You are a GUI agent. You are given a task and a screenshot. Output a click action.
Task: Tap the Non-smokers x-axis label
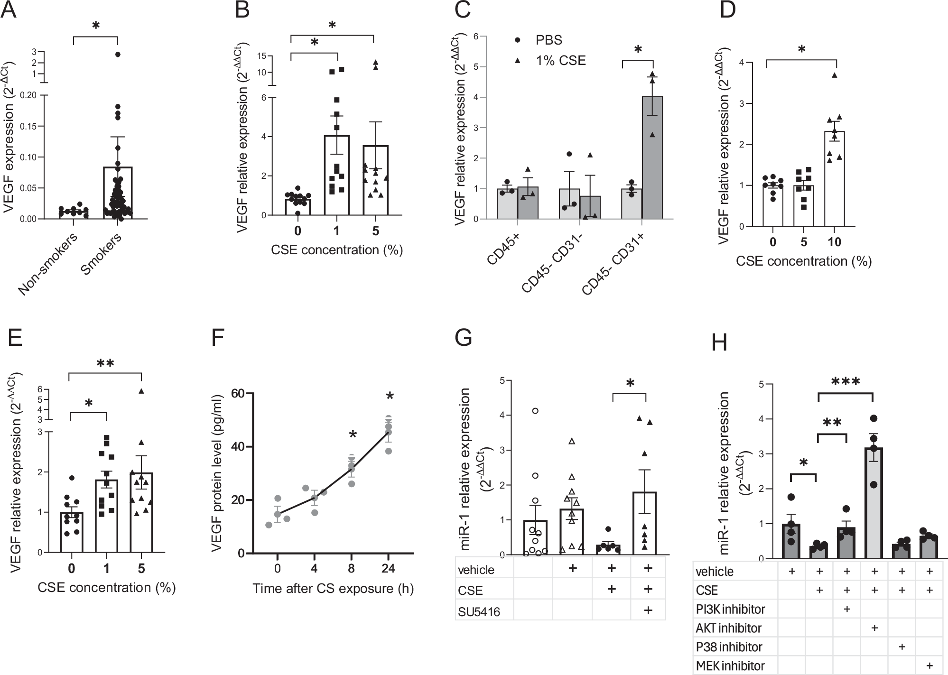coord(47,263)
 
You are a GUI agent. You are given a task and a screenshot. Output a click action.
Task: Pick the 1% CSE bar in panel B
coord(337,176)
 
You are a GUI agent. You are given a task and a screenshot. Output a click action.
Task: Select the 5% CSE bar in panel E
coord(141,513)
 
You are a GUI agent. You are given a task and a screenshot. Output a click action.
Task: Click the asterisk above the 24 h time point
coord(390,397)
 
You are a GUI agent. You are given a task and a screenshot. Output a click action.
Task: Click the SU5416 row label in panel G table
coord(479,612)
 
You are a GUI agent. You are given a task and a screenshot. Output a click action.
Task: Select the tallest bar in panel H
coord(874,503)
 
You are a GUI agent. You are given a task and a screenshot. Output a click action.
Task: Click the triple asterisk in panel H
coord(846,381)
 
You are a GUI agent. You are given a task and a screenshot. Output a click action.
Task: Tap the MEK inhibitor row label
coord(730,666)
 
